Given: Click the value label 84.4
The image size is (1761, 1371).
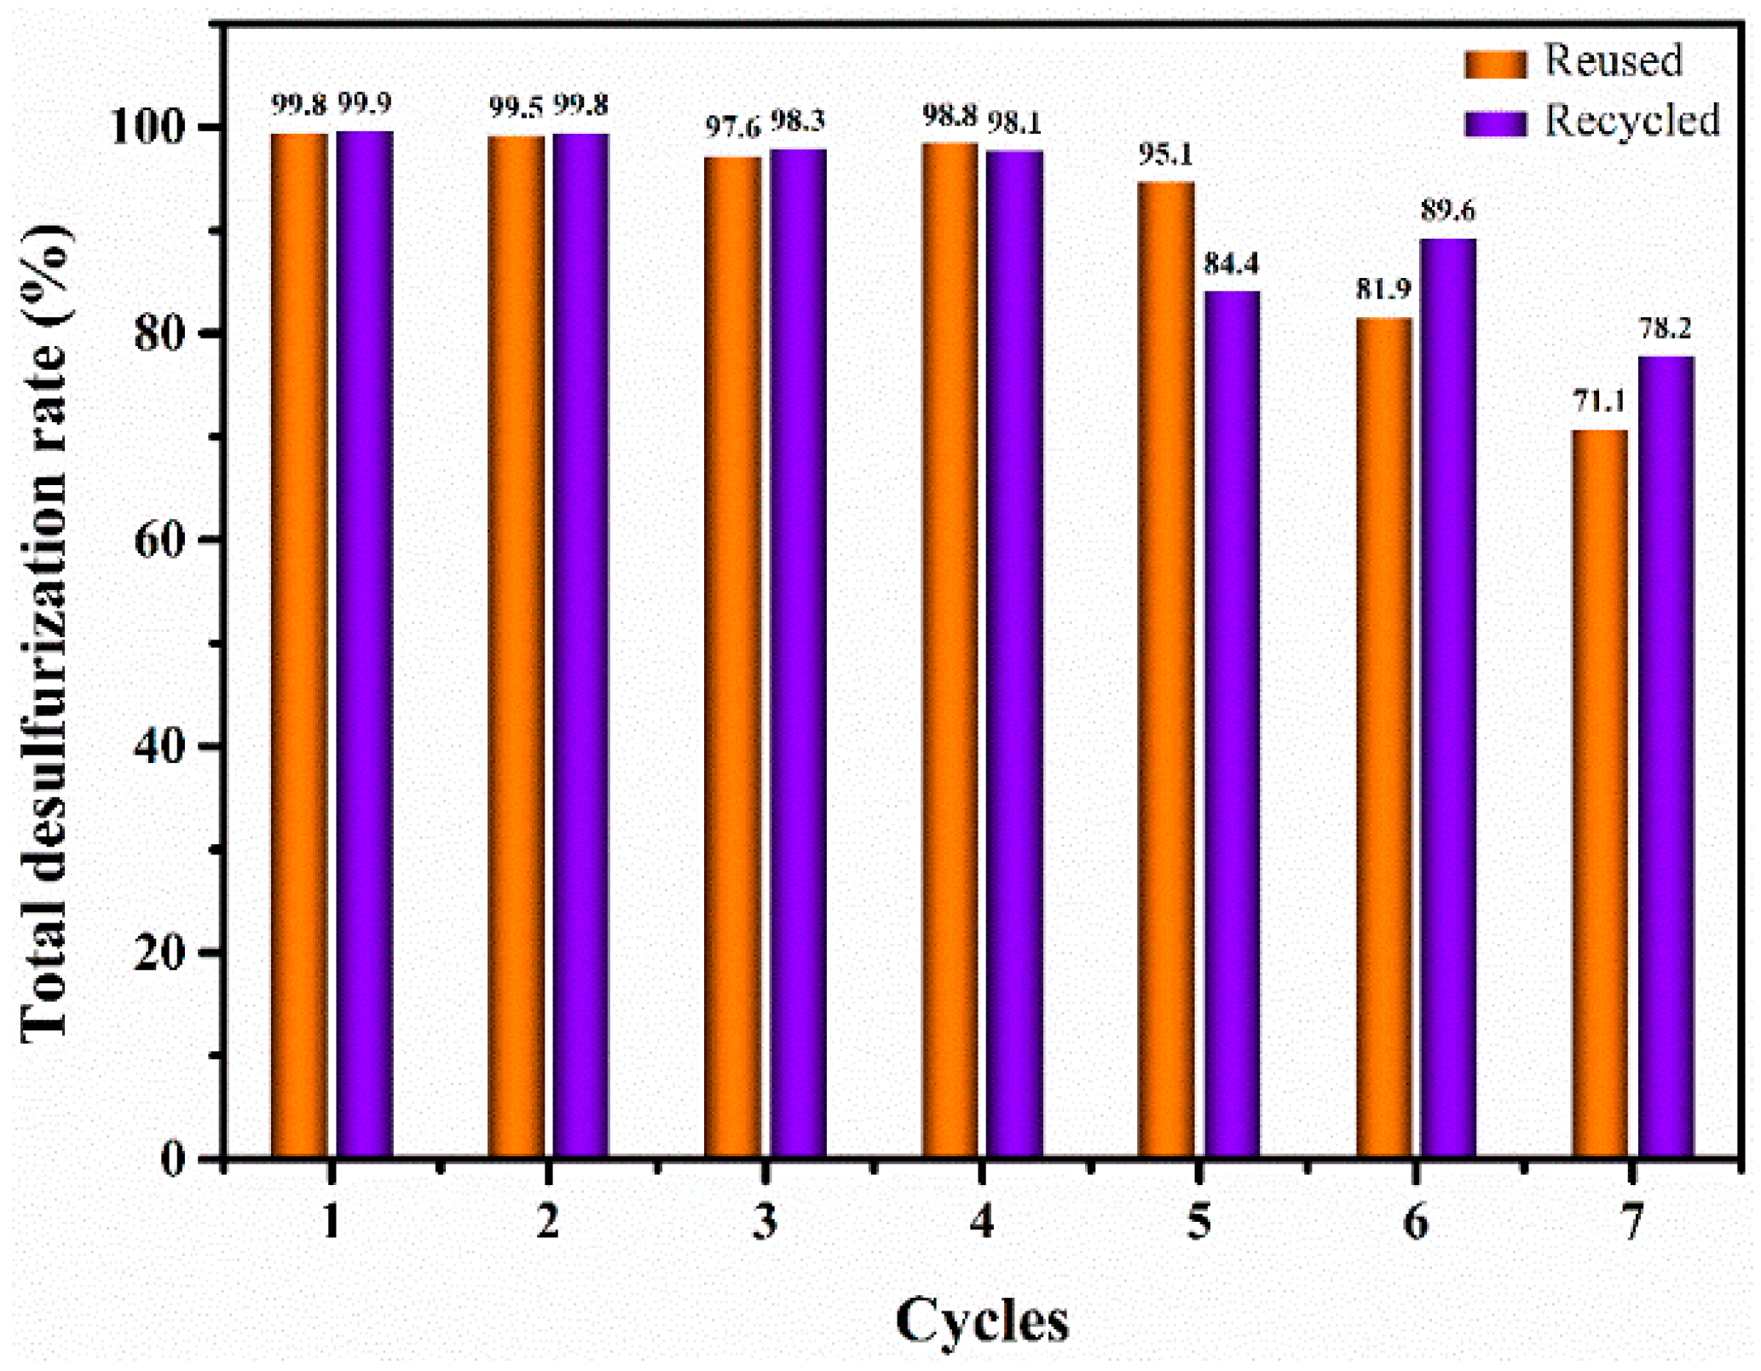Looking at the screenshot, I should click(x=1231, y=264).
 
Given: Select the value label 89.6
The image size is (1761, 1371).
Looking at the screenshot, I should click(x=1448, y=211).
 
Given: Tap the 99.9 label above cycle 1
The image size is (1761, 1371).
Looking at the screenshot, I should click(x=365, y=104).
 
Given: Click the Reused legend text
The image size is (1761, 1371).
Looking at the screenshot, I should click(x=1614, y=61).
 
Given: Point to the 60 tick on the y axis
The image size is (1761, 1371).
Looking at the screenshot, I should click(x=170, y=541).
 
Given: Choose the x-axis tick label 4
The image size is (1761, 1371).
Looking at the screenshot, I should click(x=982, y=1223).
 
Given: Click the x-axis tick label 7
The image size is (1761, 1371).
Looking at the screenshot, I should click(x=1631, y=1223).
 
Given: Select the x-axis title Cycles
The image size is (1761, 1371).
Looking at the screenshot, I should click(x=982, y=1321).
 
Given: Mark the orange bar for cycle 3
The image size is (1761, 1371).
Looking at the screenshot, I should click(x=733, y=657).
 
